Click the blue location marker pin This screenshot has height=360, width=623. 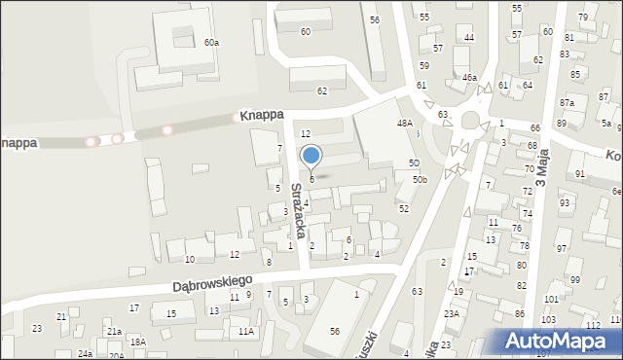click(x=311, y=156)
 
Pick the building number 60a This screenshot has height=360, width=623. click(x=211, y=43)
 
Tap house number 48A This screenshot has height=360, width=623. click(x=405, y=124)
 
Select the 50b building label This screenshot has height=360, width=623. click(x=420, y=179)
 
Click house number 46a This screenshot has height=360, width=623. click(x=470, y=78)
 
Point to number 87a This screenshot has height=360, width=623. click(x=567, y=103)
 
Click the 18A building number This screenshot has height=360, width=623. click(x=138, y=342)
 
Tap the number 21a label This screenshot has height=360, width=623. click(x=115, y=332)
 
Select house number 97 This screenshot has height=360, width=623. click(x=561, y=249)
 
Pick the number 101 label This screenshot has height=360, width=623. click(x=551, y=299)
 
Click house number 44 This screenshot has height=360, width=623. click(x=469, y=37)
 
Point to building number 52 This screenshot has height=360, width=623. click(x=404, y=208)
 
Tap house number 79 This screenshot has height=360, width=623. click(x=583, y=18)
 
